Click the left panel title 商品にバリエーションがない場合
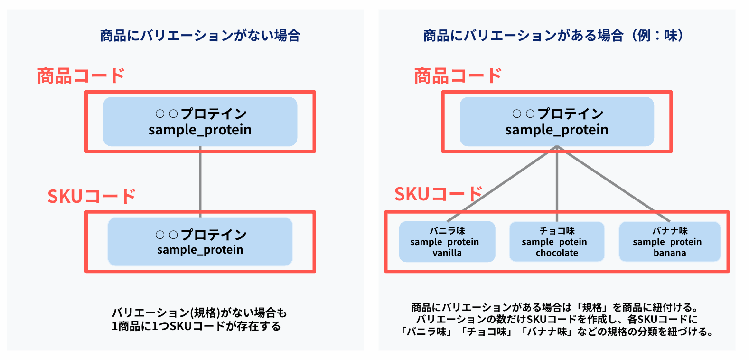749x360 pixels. click(200, 36)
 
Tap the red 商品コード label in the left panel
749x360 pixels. click(81, 76)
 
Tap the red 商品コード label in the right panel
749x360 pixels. click(458, 76)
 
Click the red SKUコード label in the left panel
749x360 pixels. click(91, 196)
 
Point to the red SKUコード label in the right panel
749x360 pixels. click(439, 194)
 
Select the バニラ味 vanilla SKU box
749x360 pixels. click(447, 242)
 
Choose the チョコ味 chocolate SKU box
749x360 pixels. click(557, 242)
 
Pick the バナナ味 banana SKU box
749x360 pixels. click(670, 242)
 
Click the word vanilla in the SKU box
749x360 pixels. click(447, 253)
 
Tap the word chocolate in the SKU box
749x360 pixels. click(557, 253)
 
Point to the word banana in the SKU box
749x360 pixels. click(670, 253)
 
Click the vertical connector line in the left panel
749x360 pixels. click(200, 182)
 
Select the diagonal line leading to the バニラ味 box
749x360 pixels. click(502, 183)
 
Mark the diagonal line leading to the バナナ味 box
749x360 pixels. click(614, 183)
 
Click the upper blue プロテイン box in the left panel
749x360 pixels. click(200, 122)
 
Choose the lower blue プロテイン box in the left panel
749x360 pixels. click(200, 242)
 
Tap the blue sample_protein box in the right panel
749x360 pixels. click(557, 122)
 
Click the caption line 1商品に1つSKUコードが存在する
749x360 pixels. click(197, 326)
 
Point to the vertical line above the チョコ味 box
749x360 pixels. click(557, 184)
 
